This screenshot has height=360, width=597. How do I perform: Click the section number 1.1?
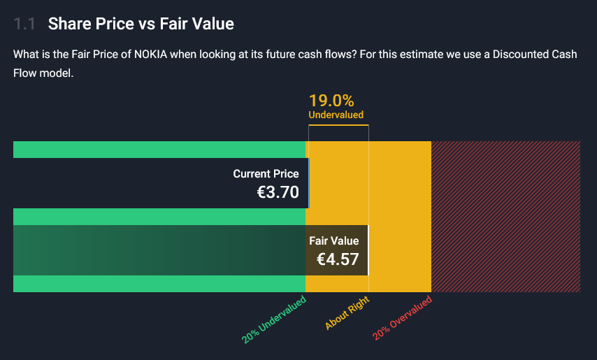[x=24, y=24]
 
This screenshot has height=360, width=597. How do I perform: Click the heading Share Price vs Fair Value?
[x=141, y=24]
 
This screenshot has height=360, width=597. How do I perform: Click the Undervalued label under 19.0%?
[x=336, y=115]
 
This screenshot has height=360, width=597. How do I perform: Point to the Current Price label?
[x=266, y=174]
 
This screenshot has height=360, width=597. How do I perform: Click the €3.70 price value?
[x=278, y=192]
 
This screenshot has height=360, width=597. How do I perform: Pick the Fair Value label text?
[x=333, y=241]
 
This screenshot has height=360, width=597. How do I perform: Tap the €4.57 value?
[x=338, y=260]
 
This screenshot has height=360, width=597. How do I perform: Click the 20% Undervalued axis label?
[x=275, y=320]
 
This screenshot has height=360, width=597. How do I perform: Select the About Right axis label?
[x=347, y=312]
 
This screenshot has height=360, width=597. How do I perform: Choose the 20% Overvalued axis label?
[x=403, y=319]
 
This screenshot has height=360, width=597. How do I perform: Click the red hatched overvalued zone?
[x=505, y=217]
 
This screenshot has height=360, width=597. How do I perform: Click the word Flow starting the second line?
[x=26, y=73]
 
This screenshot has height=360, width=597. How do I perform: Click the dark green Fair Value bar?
[x=154, y=250]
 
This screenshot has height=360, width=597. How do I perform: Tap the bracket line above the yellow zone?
[x=338, y=125]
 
